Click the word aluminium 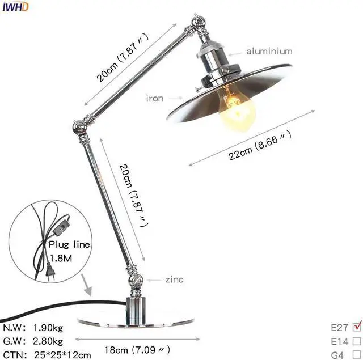click(x=269, y=52)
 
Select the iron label click(x=155, y=98)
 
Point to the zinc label click(x=175, y=279)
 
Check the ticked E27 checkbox click(x=356, y=327)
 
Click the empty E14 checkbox click(x=356, y=341)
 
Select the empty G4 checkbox click(x=356, y=355)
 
